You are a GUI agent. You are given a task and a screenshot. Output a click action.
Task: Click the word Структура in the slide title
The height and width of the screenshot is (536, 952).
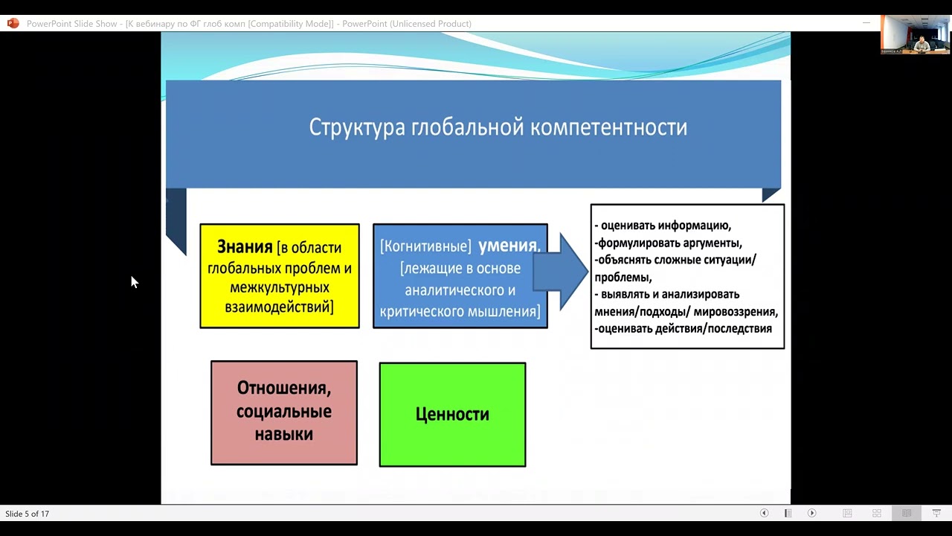[x=357, y=127]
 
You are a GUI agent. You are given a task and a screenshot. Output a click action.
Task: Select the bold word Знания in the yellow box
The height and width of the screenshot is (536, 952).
[x=245, y=247]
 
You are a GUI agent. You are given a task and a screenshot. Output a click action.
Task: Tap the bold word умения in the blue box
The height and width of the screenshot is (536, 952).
[x=509, y=246]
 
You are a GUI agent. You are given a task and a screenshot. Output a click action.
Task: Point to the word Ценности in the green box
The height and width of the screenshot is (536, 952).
[x=452, y=415]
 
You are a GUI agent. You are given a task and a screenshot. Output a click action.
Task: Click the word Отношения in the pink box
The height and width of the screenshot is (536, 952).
[x=283, y=388]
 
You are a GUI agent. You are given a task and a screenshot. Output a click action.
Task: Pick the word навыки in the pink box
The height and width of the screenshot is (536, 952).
[x=283, y=434]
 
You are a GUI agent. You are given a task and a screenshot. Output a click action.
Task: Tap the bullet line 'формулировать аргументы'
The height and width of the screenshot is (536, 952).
[x=669, y=243]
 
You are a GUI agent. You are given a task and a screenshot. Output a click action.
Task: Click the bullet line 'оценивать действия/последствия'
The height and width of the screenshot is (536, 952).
[x=684, y=328]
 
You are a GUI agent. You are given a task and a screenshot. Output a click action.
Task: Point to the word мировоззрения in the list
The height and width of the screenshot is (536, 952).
[x=736, y=311]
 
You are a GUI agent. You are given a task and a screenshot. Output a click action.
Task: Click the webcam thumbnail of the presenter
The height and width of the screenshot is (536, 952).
[x=915, y=34]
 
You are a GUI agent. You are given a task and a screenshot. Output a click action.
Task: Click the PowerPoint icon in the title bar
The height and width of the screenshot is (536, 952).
[x=13, y=24]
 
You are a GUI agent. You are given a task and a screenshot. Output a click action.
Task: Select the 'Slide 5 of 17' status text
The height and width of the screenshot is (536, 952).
[x=28, y=514]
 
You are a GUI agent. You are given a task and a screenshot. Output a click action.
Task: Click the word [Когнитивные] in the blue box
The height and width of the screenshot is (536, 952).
[x=425, y=246]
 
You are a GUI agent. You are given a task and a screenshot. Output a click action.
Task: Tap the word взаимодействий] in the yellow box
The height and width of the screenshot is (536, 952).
[x=280, y=307]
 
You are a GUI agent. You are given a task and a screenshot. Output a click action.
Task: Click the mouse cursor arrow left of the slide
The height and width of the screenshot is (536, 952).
[x=134, y=281]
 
